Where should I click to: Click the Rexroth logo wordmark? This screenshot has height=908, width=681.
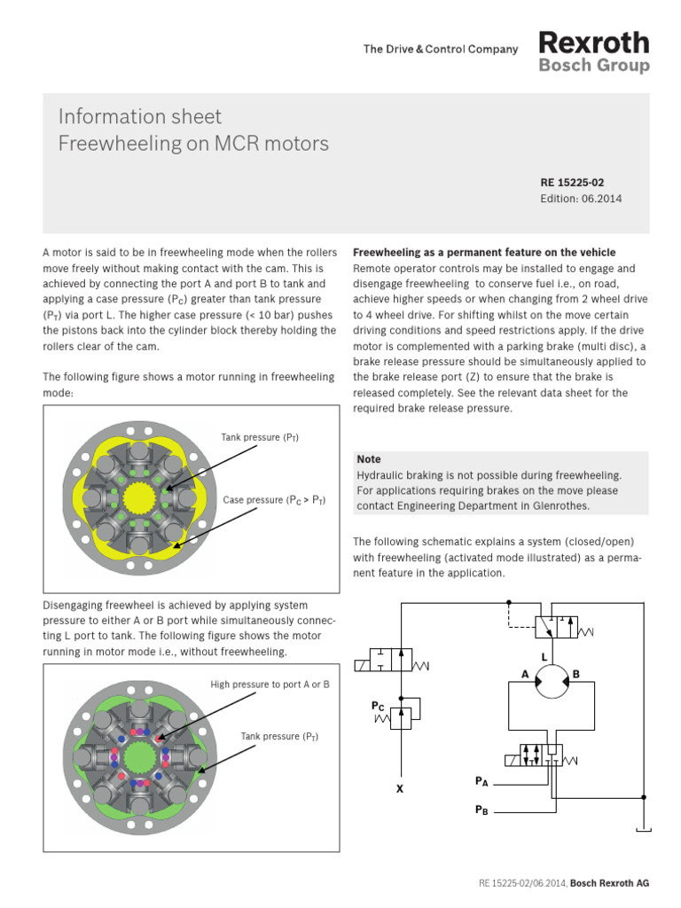(594, 43)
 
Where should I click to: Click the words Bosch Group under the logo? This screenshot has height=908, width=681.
(594, 66)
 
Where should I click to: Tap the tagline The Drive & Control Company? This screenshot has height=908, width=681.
(441, 50)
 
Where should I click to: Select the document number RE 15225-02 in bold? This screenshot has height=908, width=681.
(572, 183)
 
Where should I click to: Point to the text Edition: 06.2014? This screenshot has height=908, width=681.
(581, 199)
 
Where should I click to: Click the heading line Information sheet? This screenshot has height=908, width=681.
(140, 117)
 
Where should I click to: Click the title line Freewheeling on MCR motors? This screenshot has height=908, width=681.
(193, 144)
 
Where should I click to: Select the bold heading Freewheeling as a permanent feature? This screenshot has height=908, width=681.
(484, 253)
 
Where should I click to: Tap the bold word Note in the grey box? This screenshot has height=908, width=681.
(369, 459)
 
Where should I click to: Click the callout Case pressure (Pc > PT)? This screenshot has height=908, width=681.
(274, 500)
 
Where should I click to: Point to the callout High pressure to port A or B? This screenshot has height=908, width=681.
(270, 685)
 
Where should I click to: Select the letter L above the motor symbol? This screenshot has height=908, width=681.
(556, 655)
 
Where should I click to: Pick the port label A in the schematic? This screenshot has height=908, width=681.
(526, 675)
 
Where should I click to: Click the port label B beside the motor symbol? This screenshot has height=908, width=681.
(575, 675)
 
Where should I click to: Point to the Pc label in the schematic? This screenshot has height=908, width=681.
(378, 706)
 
